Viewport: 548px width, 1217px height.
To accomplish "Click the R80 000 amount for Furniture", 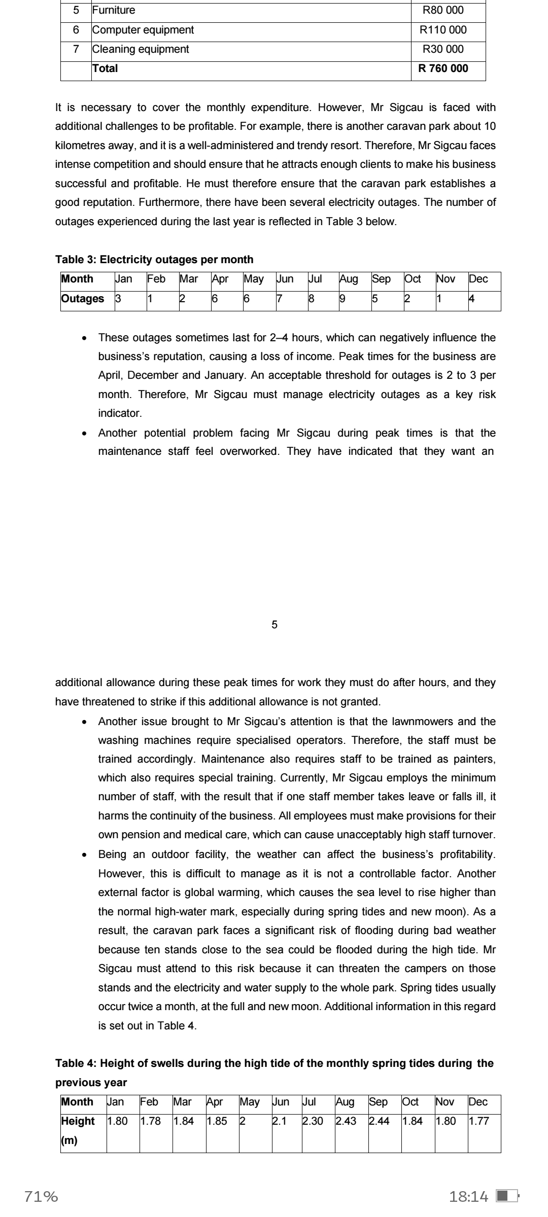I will tap(443, 11).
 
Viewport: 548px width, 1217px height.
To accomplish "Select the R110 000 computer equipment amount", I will tap(443, 30).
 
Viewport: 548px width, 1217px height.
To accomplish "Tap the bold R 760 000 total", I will tap(443, 68).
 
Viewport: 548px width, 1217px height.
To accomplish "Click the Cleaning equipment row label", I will tap(141, 49).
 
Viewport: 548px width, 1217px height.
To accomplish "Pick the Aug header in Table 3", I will tap(349, 279).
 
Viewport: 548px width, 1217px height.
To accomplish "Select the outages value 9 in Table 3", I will tap(342, 299).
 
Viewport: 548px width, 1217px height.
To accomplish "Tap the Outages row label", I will tap(82, 299).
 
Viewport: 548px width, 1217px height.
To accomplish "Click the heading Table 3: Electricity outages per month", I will tap(154, 260).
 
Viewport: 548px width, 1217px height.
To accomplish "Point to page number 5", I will tap(275, 625).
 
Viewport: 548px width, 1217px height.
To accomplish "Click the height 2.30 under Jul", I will tap(313, 1121).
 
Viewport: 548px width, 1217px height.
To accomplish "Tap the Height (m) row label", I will tap(78, 1130).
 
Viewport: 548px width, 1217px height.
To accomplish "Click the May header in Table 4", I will tap(250, 1102).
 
